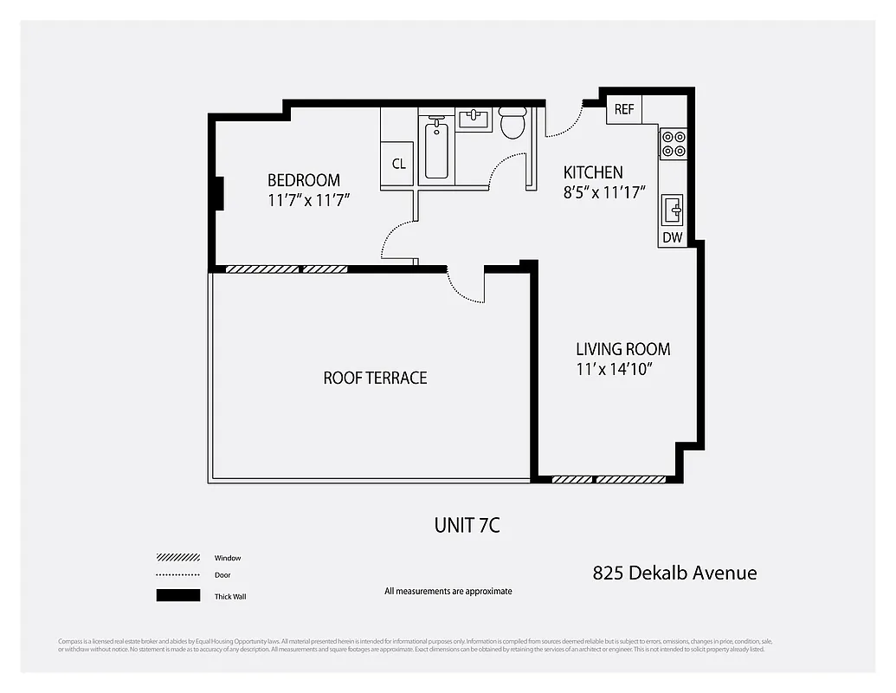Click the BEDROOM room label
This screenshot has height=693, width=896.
coord(303,180)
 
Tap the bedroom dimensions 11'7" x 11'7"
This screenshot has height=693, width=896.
coord(308,200)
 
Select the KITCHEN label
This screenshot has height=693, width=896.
coord(593,172)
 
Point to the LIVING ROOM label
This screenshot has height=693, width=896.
coord(622,349)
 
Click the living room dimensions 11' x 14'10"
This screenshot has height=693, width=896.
coord(614,369)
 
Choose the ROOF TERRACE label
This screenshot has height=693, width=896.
coord(375,378)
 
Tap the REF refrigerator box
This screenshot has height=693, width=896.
coord(624,110)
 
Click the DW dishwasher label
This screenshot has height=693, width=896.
coord(672,237)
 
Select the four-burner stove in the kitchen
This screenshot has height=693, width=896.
coord(674,143)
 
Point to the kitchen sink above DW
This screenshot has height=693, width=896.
coord(673,210)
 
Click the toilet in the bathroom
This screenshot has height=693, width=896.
coord(512,124)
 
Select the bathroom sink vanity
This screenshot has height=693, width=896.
coord(474,119)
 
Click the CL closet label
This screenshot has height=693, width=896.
coord(398,164)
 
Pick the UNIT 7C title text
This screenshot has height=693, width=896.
coord(467,525)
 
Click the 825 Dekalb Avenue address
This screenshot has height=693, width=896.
coord(674,573)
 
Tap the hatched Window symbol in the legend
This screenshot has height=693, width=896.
coord(177,558)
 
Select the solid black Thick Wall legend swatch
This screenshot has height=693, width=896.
coord(177,595)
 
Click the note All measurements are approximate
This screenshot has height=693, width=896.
coord(448,592)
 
